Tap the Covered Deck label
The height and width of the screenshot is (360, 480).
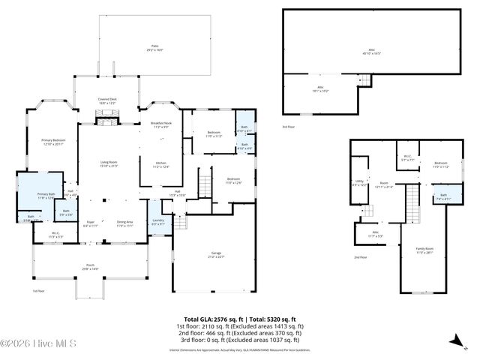[x=108, y=101]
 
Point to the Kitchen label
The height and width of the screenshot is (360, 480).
[x=161, y=165]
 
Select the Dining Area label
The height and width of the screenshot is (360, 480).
[x=124, y=223]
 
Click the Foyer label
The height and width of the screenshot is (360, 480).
[x=89, y=223]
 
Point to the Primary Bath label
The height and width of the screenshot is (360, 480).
[x=46, y=196]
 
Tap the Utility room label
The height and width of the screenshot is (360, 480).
[x=360, y=183]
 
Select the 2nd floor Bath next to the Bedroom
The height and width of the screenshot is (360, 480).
[x=443, y=197]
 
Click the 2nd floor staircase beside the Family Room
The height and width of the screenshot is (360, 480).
[x=411, y=203]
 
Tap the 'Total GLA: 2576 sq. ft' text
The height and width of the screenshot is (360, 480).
[x=210, y=319]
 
